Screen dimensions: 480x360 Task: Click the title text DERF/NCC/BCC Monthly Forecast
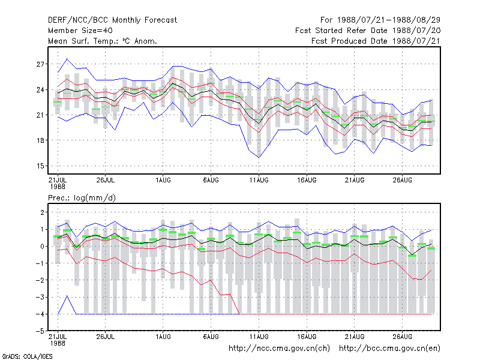pos(112,20)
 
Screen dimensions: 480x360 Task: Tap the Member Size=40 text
pos(80,31)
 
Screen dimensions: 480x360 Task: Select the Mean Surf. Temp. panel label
pos(103,41)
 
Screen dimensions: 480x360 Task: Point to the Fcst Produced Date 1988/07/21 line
pos(376,41)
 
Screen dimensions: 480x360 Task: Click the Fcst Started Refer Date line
pos(368,31)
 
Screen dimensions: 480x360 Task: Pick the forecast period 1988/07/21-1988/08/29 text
pos(380,20)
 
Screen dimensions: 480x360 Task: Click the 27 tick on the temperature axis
pos(40,64)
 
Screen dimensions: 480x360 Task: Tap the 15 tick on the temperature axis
pos(40,166)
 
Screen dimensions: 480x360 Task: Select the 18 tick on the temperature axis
pos(40,140)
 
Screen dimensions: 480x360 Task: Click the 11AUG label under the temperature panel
pos(259,180)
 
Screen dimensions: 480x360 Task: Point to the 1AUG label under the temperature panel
pos(163,180)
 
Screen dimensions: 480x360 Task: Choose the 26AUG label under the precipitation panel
pos(402,337)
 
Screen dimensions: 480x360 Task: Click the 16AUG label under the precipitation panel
pos(307,337)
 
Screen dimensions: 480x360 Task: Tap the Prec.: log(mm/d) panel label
pos(82,198)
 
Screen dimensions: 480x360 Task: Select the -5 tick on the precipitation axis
pos(40,331)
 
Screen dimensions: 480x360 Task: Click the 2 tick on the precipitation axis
pos(42,212)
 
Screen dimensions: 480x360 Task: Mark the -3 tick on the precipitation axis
pos(40,297)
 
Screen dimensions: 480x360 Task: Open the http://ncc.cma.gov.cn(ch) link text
pos(279,349)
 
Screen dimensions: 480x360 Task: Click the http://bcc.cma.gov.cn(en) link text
pos(389,349)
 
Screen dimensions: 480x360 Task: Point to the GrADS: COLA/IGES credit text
pos(27,356)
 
